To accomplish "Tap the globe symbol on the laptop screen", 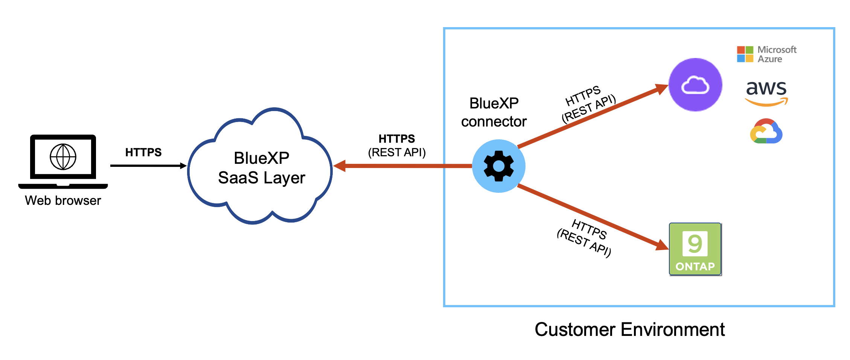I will click(63, 157).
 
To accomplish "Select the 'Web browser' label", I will click(63, 200).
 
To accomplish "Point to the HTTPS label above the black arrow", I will click(143, 152).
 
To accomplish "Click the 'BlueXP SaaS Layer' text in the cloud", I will click(261, 168).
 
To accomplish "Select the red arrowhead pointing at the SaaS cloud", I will click(340, 166).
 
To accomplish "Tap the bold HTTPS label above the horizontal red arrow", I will click(397, 139).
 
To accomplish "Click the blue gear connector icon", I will click(498, 166).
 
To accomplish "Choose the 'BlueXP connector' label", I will click(494, 112).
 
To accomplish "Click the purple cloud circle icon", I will click(695, 85).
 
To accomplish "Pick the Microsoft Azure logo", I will click(766, 54).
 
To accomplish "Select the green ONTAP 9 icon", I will click(695, 249).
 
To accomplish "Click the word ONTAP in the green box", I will click(695, 267).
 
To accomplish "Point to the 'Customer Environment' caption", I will click(629, 329).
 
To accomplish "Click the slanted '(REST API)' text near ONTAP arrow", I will click(583, 243).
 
